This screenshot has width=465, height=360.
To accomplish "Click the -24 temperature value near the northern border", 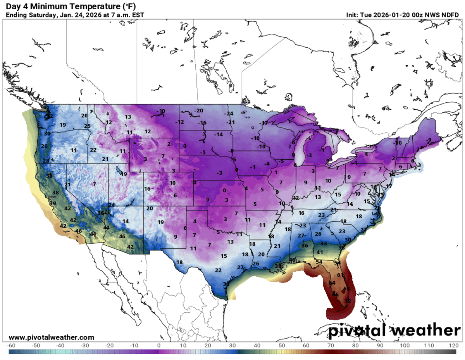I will [230, 114].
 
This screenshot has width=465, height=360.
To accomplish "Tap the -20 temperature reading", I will [199, 110].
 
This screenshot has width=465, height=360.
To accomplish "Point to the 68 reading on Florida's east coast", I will [346, 289].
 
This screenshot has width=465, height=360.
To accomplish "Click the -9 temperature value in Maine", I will [428, 140].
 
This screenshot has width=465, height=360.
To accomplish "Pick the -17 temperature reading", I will [264, 123].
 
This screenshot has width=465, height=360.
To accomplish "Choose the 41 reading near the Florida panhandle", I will [320, 252].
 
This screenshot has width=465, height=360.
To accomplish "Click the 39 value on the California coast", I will [53, 203].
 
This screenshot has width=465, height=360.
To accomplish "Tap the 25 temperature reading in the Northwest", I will [88, 126].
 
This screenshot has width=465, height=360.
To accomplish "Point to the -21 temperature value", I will [231, 122].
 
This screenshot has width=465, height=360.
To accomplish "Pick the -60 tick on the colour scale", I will [11, 345].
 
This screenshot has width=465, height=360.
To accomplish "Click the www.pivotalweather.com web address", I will [51, 338].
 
